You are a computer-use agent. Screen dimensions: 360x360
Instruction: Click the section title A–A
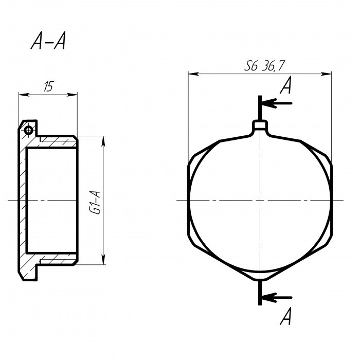48,41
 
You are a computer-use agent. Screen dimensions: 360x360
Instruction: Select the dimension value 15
48,86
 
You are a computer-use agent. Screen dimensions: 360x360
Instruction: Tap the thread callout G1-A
96,203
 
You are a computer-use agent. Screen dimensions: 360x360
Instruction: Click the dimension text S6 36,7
264,66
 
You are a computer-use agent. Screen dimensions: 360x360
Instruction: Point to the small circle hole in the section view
28,131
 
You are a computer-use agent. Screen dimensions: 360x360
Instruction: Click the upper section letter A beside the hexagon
286,85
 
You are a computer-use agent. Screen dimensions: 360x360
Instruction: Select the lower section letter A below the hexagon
285,316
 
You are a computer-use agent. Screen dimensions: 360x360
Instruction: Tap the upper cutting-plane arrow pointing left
277,103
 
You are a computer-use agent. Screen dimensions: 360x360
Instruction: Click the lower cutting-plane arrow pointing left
277,298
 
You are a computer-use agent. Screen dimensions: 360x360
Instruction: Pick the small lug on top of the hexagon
260,125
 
